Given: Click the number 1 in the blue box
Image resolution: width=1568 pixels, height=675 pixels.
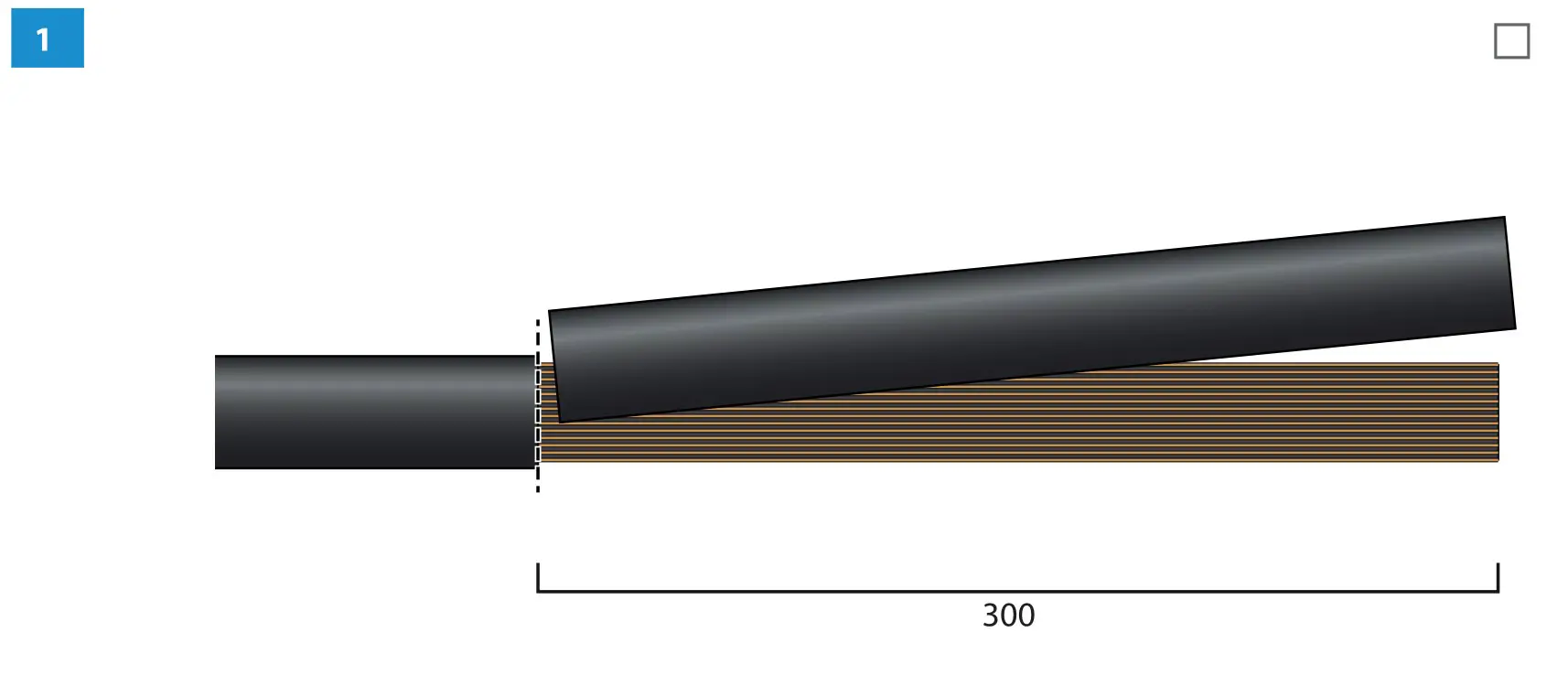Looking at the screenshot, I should pyautogui.click(x=42, y=39).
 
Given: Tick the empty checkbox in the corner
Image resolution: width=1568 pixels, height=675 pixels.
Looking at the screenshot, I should pyautogui.click(x=1511, y=41).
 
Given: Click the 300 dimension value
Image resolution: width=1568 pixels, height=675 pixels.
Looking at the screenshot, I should pyautogui.click(x=1008, y=616).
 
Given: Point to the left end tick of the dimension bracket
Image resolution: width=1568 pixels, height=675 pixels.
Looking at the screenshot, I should pyautogui.click(x=538, y=576).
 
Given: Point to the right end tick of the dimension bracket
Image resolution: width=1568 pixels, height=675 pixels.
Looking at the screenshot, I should pyautogui.click(x=1498, y=576).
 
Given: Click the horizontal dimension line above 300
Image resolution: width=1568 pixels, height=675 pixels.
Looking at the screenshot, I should pyautogui.click(x=1006, y=591).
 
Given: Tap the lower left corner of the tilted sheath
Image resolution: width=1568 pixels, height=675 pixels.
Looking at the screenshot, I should pyautogui.click(x=561, y=420).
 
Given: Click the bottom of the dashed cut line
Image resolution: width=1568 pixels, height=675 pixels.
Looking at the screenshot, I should pyautogui.click(x=538, y=488).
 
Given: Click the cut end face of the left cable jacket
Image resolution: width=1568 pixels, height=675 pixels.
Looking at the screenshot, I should pyautogui.click(x=534, y=412).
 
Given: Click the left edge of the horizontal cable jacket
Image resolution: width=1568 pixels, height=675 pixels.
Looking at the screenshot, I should pyautogui.click(x=217, y=412).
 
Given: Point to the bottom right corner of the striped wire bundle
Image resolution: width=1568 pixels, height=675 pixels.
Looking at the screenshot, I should pyautogui.click(x=1497, y=459).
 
